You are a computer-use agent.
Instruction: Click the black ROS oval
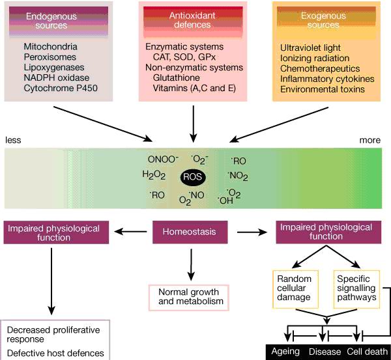[x=195, y=176]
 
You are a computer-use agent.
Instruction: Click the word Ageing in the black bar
[x=285, y=352]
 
